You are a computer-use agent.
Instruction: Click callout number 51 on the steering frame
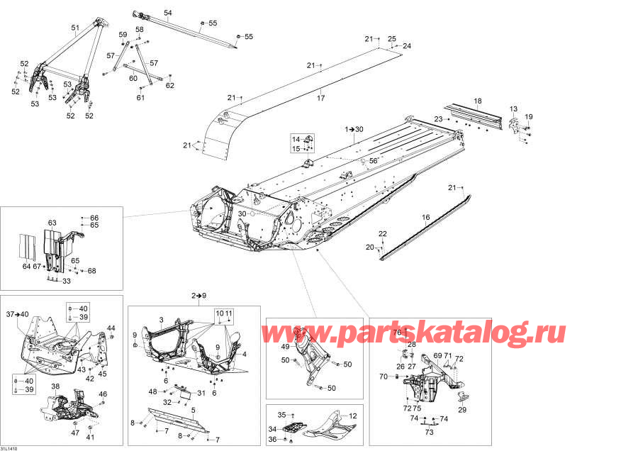pos(75,28)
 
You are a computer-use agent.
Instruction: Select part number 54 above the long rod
pos(167,13)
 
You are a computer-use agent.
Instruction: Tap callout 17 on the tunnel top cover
pos(320,98)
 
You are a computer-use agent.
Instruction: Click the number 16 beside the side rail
pos(426,217)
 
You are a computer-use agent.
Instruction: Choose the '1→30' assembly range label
pos(354,130)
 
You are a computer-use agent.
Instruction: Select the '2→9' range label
pos(198,294)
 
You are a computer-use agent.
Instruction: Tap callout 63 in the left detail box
pos(52,223)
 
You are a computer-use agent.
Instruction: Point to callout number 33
pos(67,282)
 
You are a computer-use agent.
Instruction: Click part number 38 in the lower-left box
pos(56,386)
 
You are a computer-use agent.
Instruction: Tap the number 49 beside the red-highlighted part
pos(285,347)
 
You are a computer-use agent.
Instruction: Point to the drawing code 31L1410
pos(10,447)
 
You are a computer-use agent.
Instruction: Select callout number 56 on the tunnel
pos(373,161)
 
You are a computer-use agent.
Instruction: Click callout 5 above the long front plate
pos(193,409)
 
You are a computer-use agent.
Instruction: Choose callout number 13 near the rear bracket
pos(513,108)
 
